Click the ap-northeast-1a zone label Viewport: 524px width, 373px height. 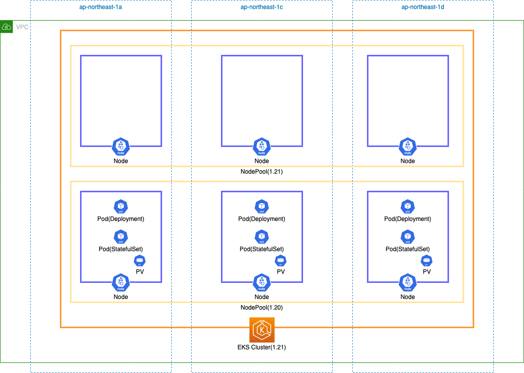[x=101, y=7]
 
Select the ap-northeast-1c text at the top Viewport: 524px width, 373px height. [x=262, y=7]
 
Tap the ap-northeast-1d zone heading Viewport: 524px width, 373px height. [x=423, y=7]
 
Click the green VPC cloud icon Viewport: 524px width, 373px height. [x=7, y=27]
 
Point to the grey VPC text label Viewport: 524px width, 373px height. [x=22, y=27]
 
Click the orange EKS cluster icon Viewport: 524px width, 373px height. [x=262, y=330]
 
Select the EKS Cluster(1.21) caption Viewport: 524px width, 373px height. [x=262, y=347]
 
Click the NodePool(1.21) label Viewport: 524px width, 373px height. [x=262, y=172]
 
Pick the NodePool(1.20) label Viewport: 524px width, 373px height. [x=262, y=308]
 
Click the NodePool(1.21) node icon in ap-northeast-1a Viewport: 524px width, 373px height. [x=121, y=146]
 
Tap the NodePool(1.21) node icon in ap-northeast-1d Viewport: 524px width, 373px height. [x=408, y=146]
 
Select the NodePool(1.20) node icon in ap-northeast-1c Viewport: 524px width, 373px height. [x=262, y=283]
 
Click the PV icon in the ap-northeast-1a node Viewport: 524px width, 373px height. [x=140, y=261]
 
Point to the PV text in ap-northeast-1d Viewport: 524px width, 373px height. [x=427, y=272]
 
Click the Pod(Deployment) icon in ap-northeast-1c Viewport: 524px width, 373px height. [x=262, y=206]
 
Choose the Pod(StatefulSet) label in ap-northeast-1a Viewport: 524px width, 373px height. [x=121, y=249]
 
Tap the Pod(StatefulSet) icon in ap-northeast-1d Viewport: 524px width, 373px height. [x=408, y=237]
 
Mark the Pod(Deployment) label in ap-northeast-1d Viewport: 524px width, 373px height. [x=408, y=219]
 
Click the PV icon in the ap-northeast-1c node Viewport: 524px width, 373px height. [x=281, y=261]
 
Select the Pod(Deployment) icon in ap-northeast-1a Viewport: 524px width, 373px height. [x=121, y=206]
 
